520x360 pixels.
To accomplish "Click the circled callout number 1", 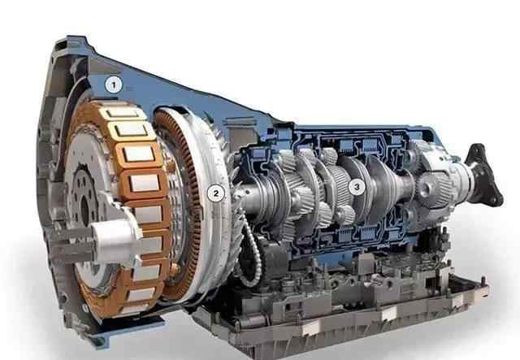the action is pyautogui.click(x=114, y=85).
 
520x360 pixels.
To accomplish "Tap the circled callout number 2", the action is pyautogui.click(x=216, y=193).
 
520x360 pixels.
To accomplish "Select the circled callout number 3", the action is pyautogui.click(x=357, y=187).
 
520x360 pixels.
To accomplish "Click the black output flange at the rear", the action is pyautogui.click(x=485, y=175).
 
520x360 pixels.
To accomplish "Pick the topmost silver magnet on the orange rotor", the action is pyautogui.click(x=123, y=111).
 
